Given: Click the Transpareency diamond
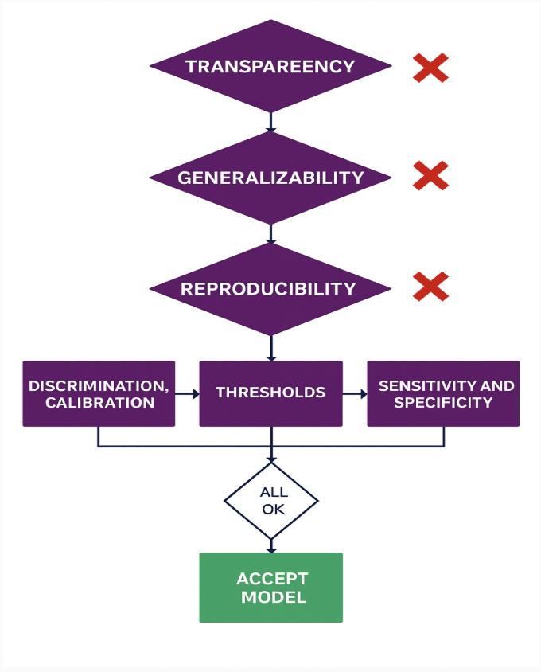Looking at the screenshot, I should tap(270, 66).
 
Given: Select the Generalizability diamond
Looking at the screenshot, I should tap(270, 178).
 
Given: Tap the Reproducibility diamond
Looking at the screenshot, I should tap(270, 288).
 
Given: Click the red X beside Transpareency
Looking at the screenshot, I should tap(430, 68).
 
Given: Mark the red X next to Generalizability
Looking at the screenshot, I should tap(430, 175).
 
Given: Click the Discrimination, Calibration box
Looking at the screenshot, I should tap(99, 393).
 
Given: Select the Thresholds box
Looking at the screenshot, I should tap(270, 393).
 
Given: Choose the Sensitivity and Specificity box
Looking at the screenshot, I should tap(443, 393).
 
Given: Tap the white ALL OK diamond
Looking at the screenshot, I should tap(271, 501).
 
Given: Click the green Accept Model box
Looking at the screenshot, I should tap(270, 588).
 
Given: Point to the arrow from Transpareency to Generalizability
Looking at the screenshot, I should tap(270, 122).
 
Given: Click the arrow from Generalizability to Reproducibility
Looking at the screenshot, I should tap(270, 234).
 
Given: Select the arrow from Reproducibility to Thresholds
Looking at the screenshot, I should tap(271, 349).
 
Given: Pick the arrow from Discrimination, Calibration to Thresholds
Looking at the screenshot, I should tap(187, 393).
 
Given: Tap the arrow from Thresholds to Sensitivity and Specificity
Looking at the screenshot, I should tap(355, 393).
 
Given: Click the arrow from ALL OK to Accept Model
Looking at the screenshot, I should tap(271, 545).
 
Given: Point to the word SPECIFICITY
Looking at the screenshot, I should tap(443, 403).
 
